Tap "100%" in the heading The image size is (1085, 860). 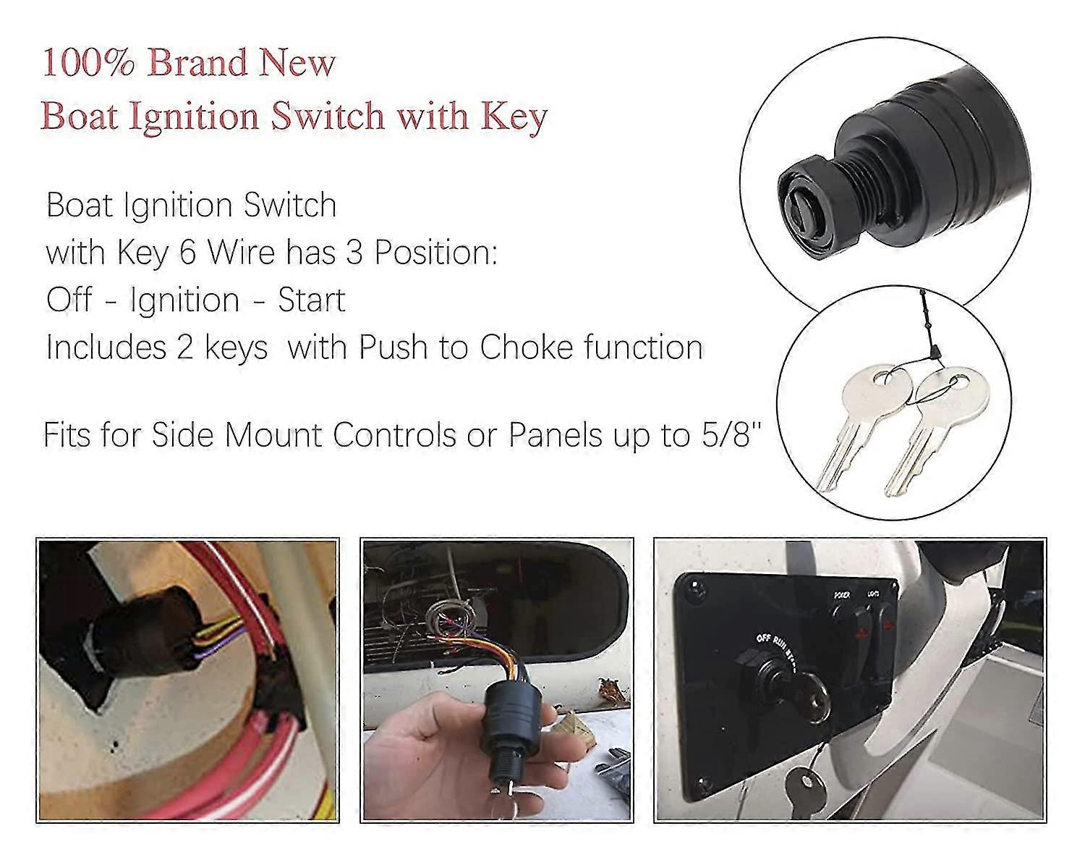click(x=89, y=64)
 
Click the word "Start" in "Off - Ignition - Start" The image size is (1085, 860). click(x=312, y=300)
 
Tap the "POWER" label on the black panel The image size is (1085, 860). click(x=841, y=595)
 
